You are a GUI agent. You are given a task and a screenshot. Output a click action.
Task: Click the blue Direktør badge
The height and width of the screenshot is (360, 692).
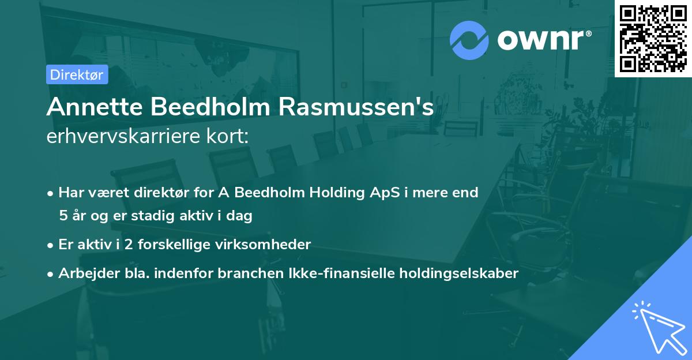[77, 74]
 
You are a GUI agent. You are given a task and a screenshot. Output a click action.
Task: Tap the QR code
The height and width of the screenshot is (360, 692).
[652, 37]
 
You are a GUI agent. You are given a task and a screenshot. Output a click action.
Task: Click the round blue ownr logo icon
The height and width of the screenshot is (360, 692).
[469, 40]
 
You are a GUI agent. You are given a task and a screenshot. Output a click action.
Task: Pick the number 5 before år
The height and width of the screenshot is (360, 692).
[63, 216]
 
